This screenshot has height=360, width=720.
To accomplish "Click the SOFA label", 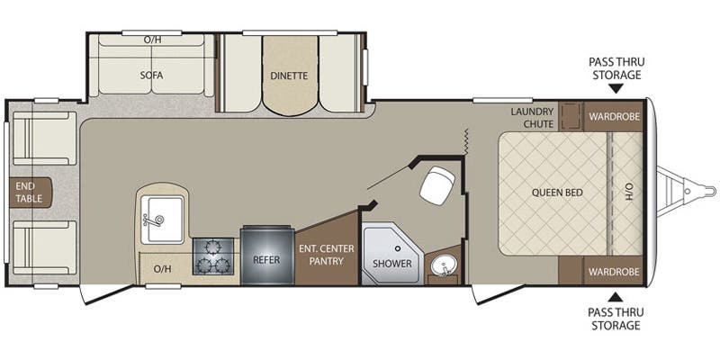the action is pos(151,76).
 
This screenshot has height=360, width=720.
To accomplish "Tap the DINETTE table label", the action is pos(289,76).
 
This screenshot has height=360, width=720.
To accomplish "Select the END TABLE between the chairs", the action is pos(31,193).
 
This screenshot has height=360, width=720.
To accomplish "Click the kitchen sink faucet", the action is pos(154,220).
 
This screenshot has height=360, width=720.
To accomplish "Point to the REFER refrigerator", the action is pos(266,256).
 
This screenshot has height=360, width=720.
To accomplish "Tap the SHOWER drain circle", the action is pos(398,248).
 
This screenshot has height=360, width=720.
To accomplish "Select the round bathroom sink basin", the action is pos(443,265).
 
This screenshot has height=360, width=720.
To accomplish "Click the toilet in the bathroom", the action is pos(436,184).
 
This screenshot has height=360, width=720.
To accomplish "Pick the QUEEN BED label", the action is pos(557,193).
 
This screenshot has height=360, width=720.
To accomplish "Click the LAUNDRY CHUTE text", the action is pos(533,117).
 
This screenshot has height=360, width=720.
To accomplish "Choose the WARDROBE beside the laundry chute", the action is pos(615,116).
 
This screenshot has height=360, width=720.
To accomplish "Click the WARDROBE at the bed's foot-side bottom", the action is pos(615,272).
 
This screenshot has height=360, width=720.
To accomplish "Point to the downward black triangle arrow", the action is pos(616,88).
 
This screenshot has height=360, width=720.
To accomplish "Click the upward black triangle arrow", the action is pos(616,297).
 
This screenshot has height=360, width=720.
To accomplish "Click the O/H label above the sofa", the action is pos(152,40).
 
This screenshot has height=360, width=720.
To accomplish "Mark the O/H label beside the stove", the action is pos(162,269).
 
